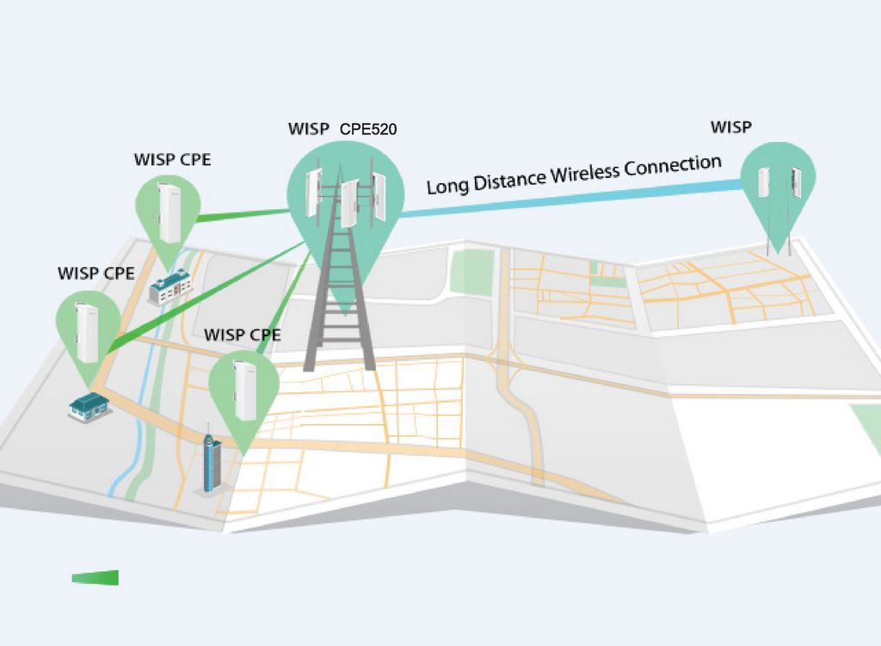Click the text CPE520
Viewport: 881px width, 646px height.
[x=368, y=129]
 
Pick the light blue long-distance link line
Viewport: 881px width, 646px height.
[x=571, y=199]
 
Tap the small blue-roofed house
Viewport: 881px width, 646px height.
[x=89, y=405]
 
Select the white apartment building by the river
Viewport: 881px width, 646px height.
[x=170, y=286]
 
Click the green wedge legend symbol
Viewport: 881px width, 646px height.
[x=95, y=577]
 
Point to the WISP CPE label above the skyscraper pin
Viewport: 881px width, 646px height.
[x=242, y=335]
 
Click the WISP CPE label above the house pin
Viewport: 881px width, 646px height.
[x=96, y=274]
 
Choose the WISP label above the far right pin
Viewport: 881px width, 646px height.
[x=731, y=127]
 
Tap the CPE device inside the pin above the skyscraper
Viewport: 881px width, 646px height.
[x=244, y=391]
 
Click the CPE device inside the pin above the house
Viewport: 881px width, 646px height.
[x=87, y=333]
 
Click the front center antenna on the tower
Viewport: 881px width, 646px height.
[x=349, y=203]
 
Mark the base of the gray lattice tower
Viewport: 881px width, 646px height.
[x=339, y=368]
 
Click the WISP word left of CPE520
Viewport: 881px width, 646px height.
[x=309, y=129]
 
